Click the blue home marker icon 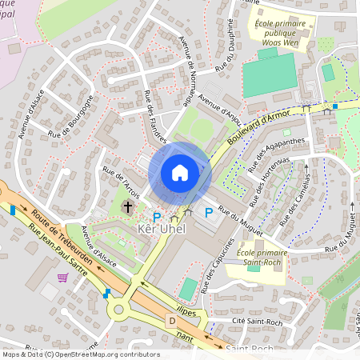[180, 173]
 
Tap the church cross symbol [126, 208]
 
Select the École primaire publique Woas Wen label [281, 34]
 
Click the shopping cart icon [62, 278]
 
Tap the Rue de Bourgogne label [71, 117]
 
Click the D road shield [170, 319]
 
